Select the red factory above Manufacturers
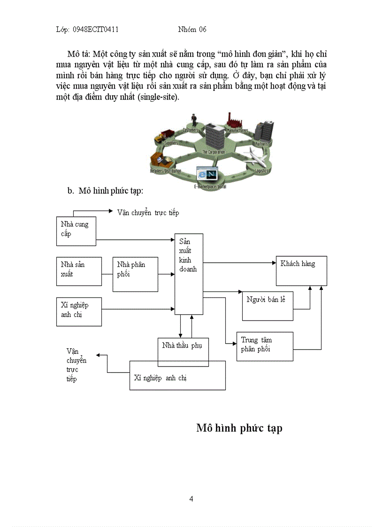tap(230, 120)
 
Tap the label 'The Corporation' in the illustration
tap(214, 152)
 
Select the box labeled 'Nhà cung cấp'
tap(76, 230)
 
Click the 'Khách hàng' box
tap(301, 271)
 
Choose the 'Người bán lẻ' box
tap(267, 306)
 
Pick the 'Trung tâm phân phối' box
tap(265, 346)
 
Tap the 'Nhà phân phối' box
tap(135, 274)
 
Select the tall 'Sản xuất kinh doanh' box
tap(189, 274)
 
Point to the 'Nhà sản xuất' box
tap(78, 271)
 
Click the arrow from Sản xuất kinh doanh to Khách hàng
tap(239, 263)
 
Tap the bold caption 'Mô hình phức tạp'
tap(239, 428)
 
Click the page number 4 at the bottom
tap(191, 499)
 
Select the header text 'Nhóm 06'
tap(192, 30)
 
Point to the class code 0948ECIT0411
tap(95, 30)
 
